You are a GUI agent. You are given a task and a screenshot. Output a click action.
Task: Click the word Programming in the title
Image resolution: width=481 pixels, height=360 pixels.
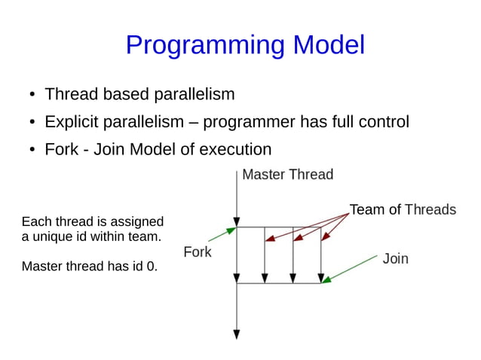(205, 45)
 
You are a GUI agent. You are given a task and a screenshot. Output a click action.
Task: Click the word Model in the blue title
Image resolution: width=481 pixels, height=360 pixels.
(329, 44)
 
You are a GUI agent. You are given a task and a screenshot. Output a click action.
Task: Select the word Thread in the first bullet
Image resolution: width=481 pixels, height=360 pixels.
(72, 93)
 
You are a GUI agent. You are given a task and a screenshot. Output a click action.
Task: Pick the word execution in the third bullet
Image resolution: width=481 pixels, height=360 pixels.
(235, 150)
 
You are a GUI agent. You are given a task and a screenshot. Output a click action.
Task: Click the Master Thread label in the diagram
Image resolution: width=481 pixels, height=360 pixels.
(288, 174)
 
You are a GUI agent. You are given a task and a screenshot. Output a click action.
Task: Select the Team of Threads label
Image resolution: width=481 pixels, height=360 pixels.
(403, 209)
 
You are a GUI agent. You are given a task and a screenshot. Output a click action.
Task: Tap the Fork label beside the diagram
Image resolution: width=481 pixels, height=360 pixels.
(198, 252)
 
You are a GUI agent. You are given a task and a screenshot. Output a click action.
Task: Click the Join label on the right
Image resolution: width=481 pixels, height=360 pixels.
(395, 259)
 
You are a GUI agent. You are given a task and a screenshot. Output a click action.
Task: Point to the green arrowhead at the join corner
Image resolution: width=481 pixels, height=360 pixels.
(326, 279)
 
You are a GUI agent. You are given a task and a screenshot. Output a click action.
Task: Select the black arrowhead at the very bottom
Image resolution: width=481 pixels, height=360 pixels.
(237, 334)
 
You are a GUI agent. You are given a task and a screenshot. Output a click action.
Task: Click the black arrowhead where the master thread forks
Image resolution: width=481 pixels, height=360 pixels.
(237, 222)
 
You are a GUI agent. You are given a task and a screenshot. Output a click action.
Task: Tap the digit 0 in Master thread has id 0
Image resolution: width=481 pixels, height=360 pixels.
(150, 267)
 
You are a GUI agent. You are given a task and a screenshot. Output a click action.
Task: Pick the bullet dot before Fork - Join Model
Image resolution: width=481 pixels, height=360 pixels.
(32, 150)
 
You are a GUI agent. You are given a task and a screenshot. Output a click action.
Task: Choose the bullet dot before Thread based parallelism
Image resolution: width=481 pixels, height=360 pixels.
(32, 94)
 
